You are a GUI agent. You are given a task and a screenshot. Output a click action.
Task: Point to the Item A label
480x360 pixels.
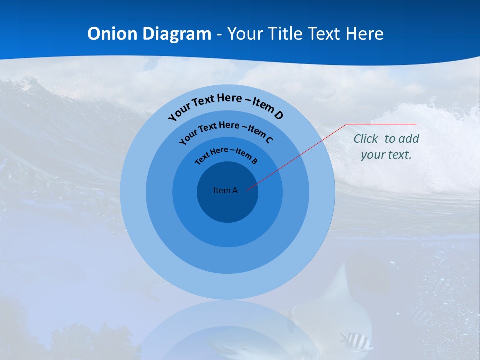pyautogui.click(x=225, y=190)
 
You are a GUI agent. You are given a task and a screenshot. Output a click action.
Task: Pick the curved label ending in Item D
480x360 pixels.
pyautogui.click(x=226, y=106)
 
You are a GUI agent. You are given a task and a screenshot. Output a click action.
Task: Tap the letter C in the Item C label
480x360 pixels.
pyautogui.click(x=269, y=140)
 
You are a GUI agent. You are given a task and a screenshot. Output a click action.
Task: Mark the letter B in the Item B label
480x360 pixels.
pyautogui.click(x=254, y=161)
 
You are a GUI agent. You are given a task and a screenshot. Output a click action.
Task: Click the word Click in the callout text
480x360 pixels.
pyautogui.click(x=366, y=139)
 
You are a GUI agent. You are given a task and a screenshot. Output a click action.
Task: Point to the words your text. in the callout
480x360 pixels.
pyautogui.click(x=386, y=155)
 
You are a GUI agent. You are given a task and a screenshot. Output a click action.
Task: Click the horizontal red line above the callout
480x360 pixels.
pyautogui.click(x=382, y=124)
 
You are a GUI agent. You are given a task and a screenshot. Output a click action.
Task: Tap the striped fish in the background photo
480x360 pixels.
pyautogui.click(x=356, y=340)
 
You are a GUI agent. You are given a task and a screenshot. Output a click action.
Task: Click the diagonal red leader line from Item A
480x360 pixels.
pyautogui.click(x=300, y=155)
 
